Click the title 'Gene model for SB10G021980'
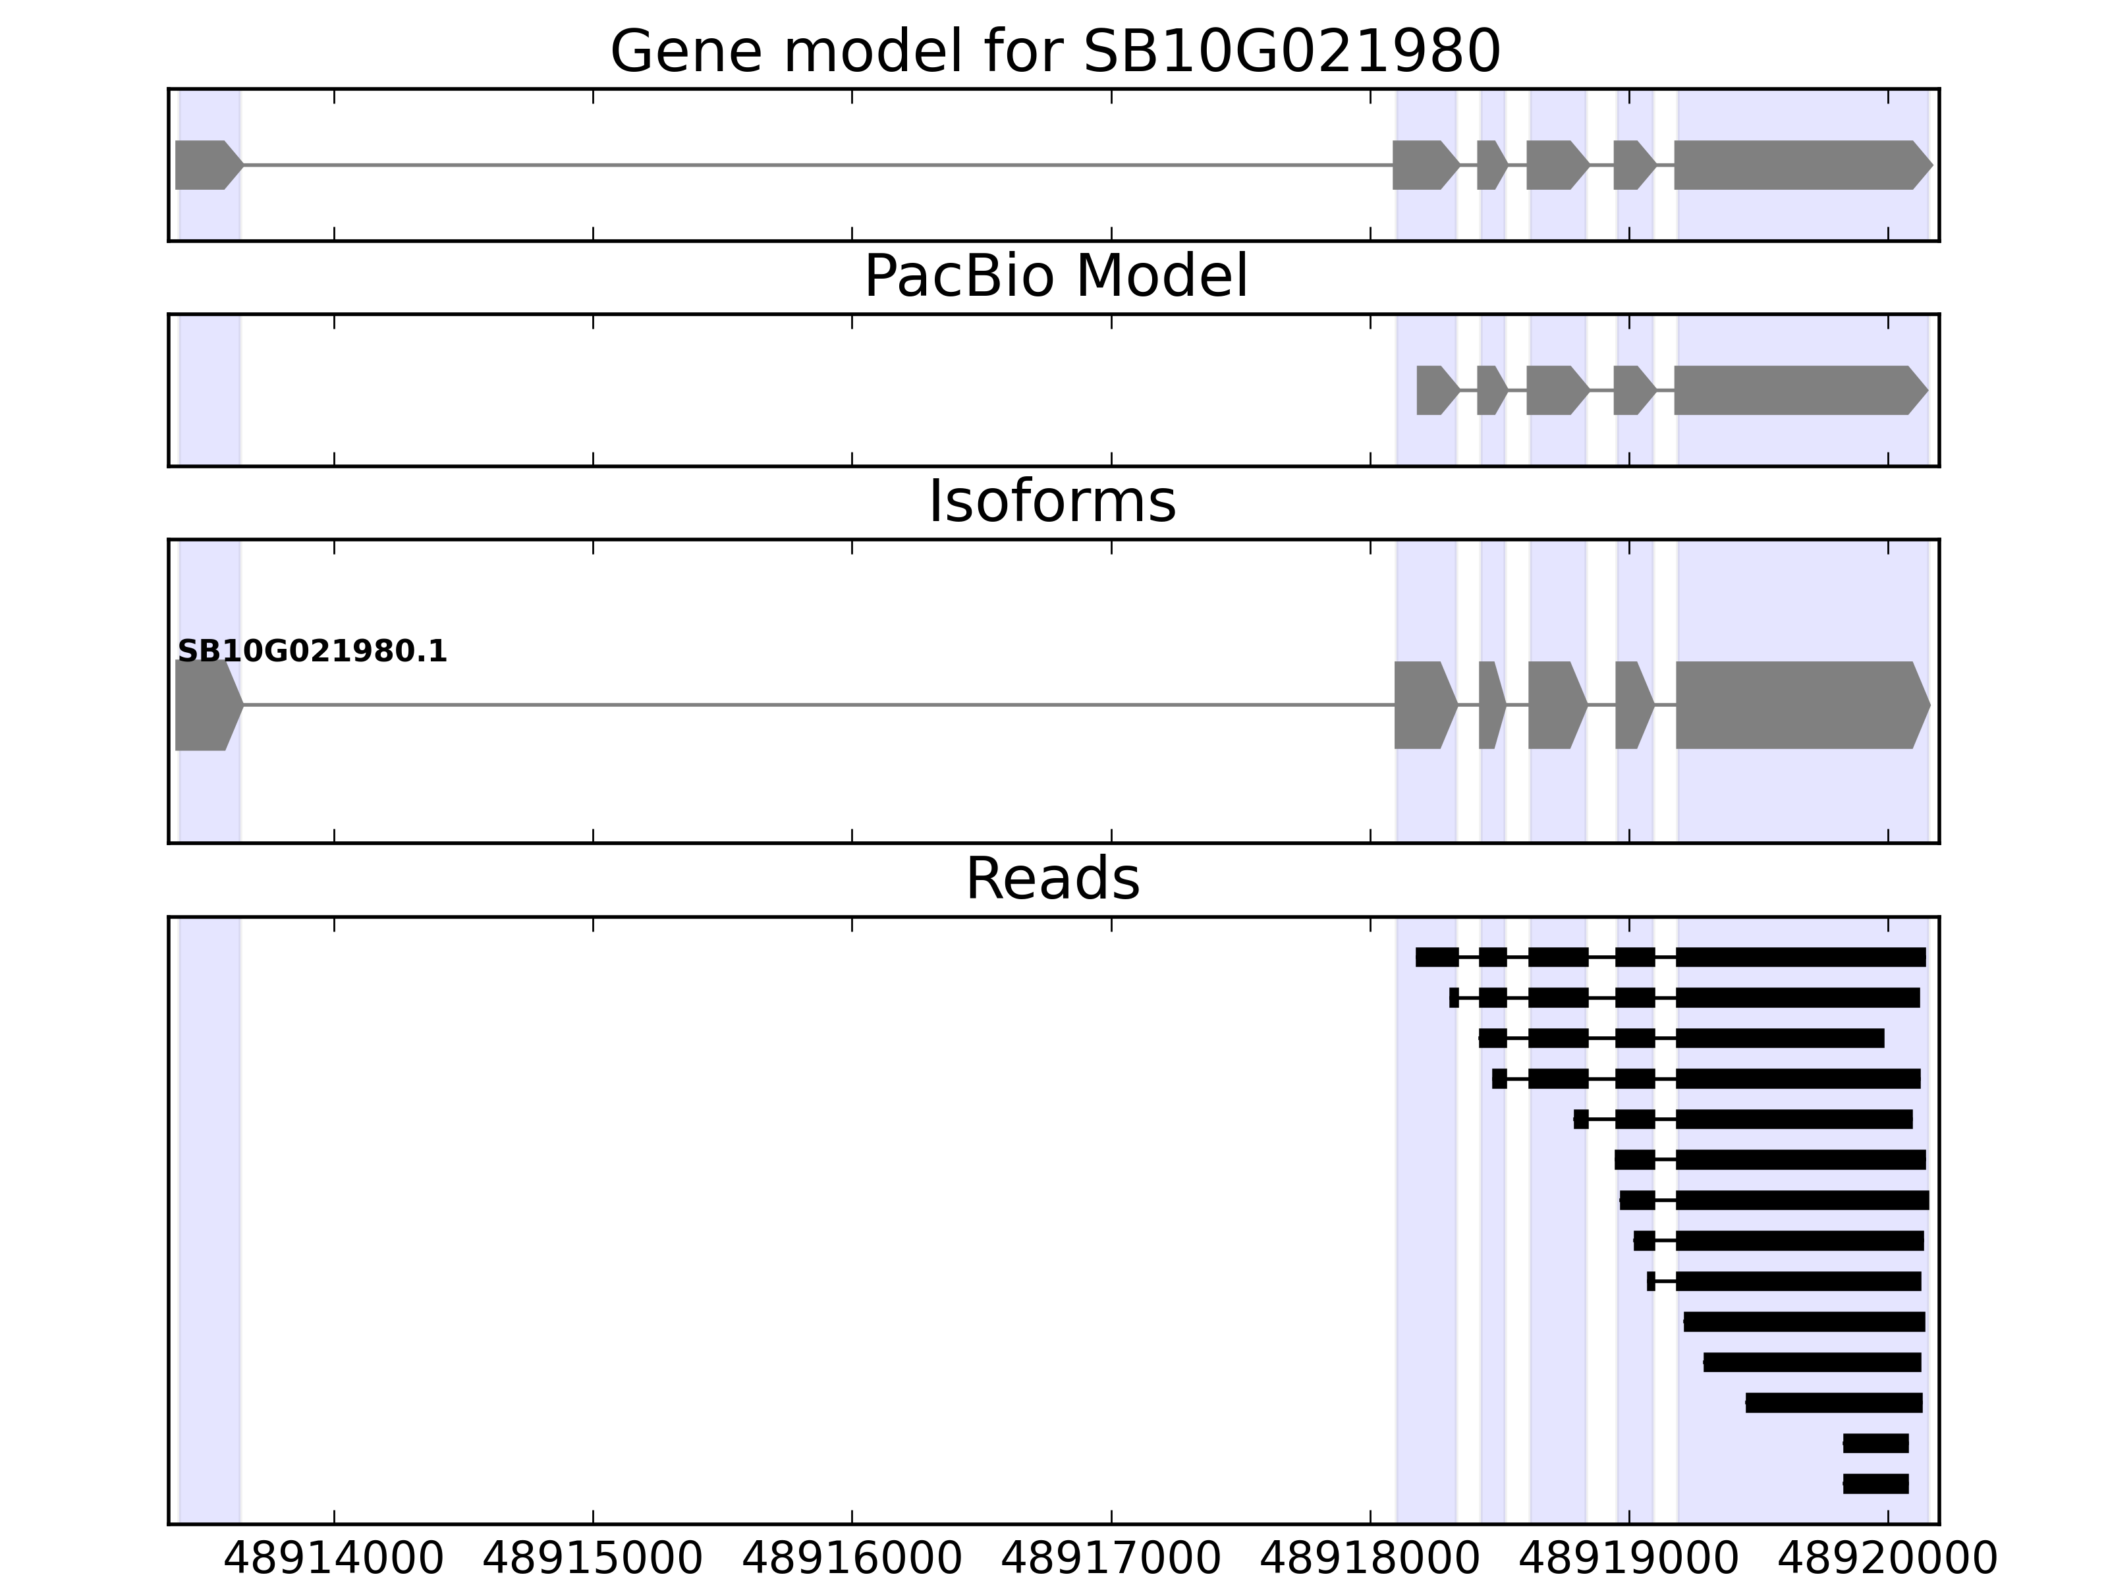(x=1054, y=51)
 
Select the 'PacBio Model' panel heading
(x=1055, y=277)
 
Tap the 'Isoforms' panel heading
(x=1051, y=501)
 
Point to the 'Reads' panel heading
(x=1052, y=879)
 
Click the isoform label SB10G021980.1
(x=312, y=652)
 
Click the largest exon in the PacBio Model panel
(x=1797, y=390)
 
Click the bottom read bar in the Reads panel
(x=1875, y=1484)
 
